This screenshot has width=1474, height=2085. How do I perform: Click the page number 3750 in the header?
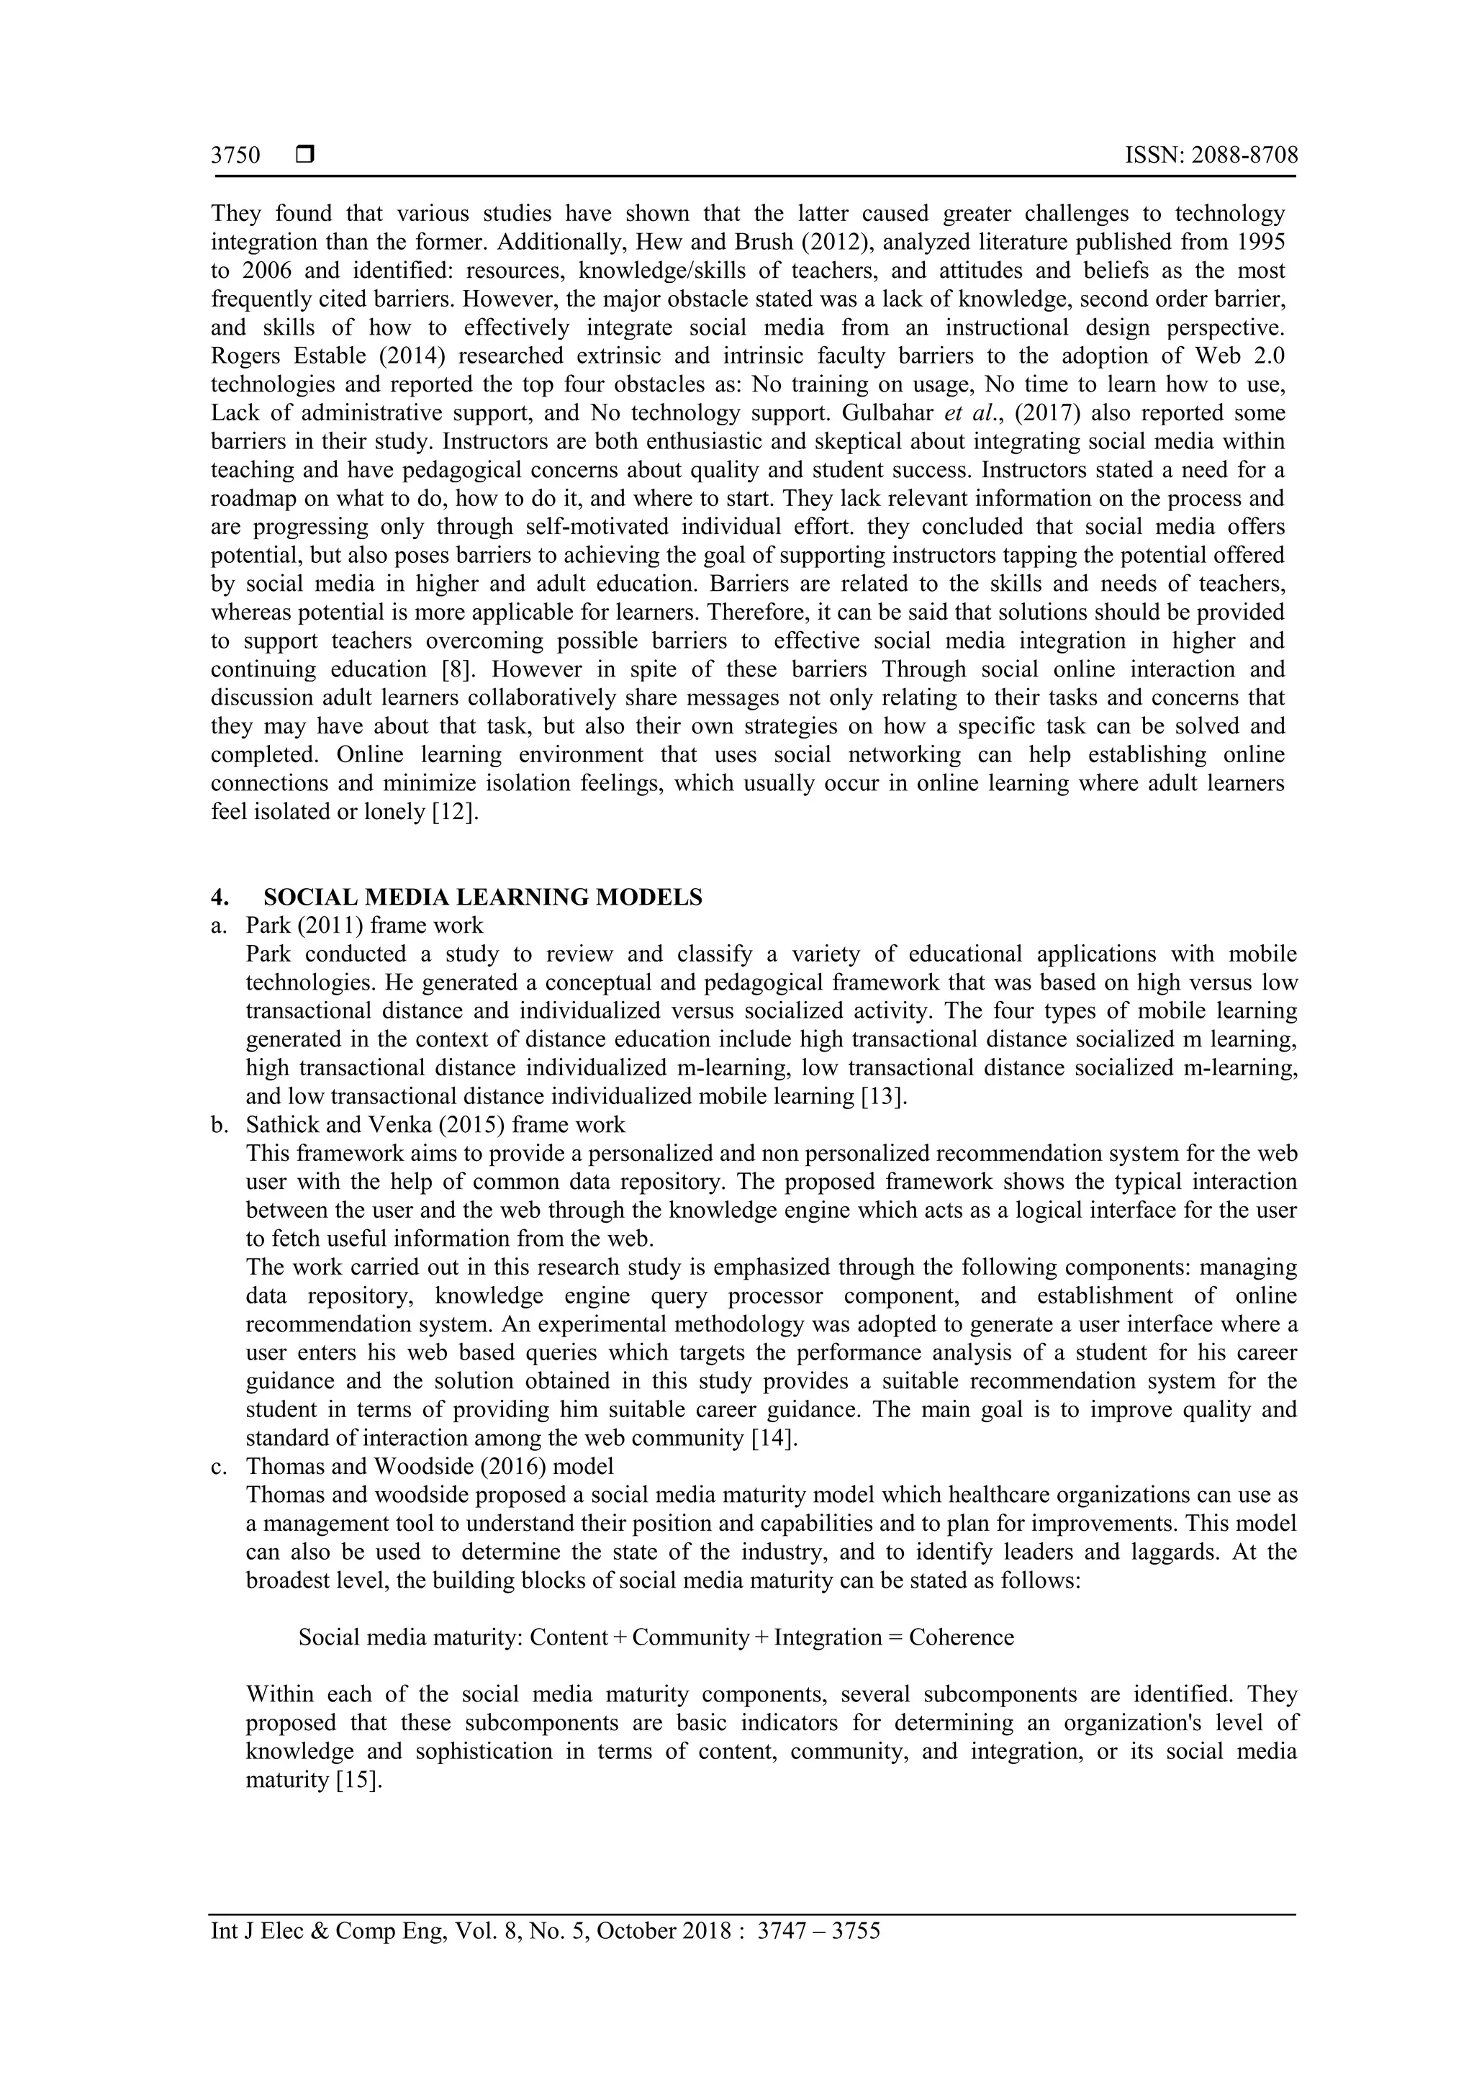[235, 155]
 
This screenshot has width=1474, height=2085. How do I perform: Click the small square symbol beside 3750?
[305, 155]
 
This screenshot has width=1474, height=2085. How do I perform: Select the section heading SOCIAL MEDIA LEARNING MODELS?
[482, 897]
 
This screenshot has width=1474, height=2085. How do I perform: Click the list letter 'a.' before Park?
[219, 926]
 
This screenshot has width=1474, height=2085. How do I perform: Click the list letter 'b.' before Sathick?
[219, 1125]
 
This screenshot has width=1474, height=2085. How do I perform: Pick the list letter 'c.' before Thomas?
[219, 1467]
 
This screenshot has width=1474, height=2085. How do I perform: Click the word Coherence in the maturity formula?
[961, 1637]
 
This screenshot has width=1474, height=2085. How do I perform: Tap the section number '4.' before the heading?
[220, 897]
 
